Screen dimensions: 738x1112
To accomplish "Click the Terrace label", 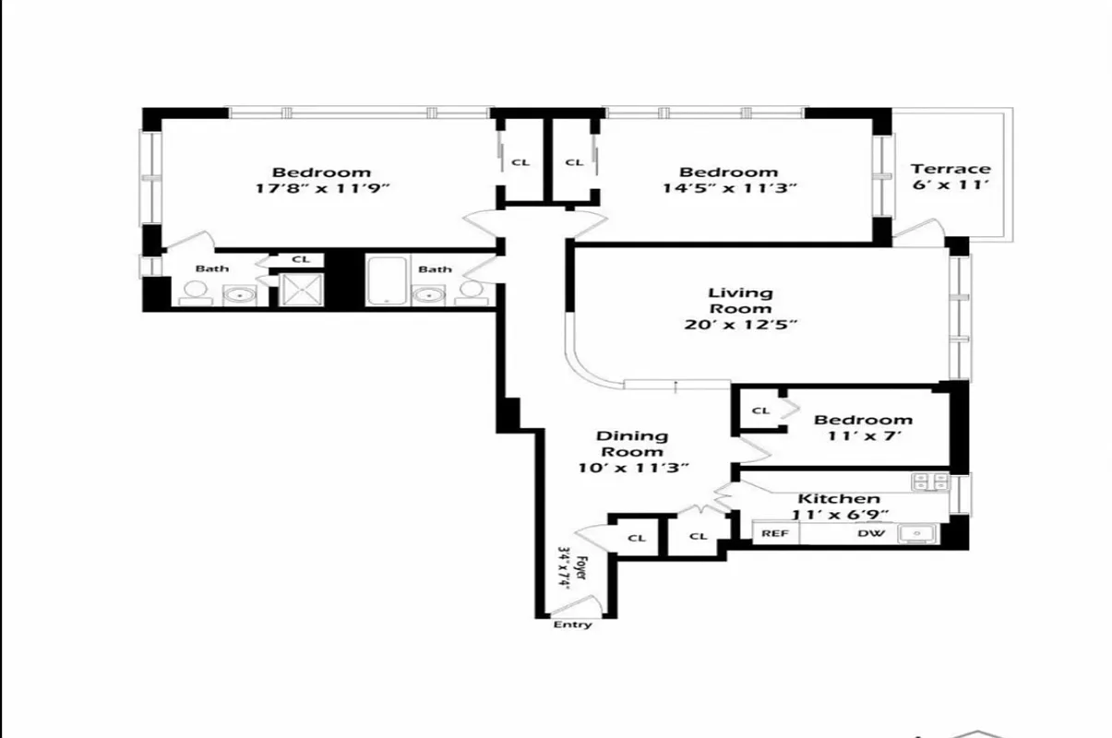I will (x=951, y=169).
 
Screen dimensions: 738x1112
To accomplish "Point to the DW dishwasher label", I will (x=868, y=533).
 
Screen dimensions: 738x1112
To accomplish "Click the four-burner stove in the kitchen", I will (x=928, y=481).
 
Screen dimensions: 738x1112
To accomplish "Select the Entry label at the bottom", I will (x=572, y=625).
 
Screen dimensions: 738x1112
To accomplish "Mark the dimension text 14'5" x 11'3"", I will (x=729, y=188).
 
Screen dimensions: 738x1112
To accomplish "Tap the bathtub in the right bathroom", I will (x=385, y=281).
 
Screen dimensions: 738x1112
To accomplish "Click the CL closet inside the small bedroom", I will (x=760, y=411).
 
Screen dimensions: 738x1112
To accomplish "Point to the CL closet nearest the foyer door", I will (x=637, y=538).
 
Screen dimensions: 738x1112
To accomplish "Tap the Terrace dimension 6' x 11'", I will (x=951, y=185).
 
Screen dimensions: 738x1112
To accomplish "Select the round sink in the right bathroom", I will (x=427, y=295).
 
